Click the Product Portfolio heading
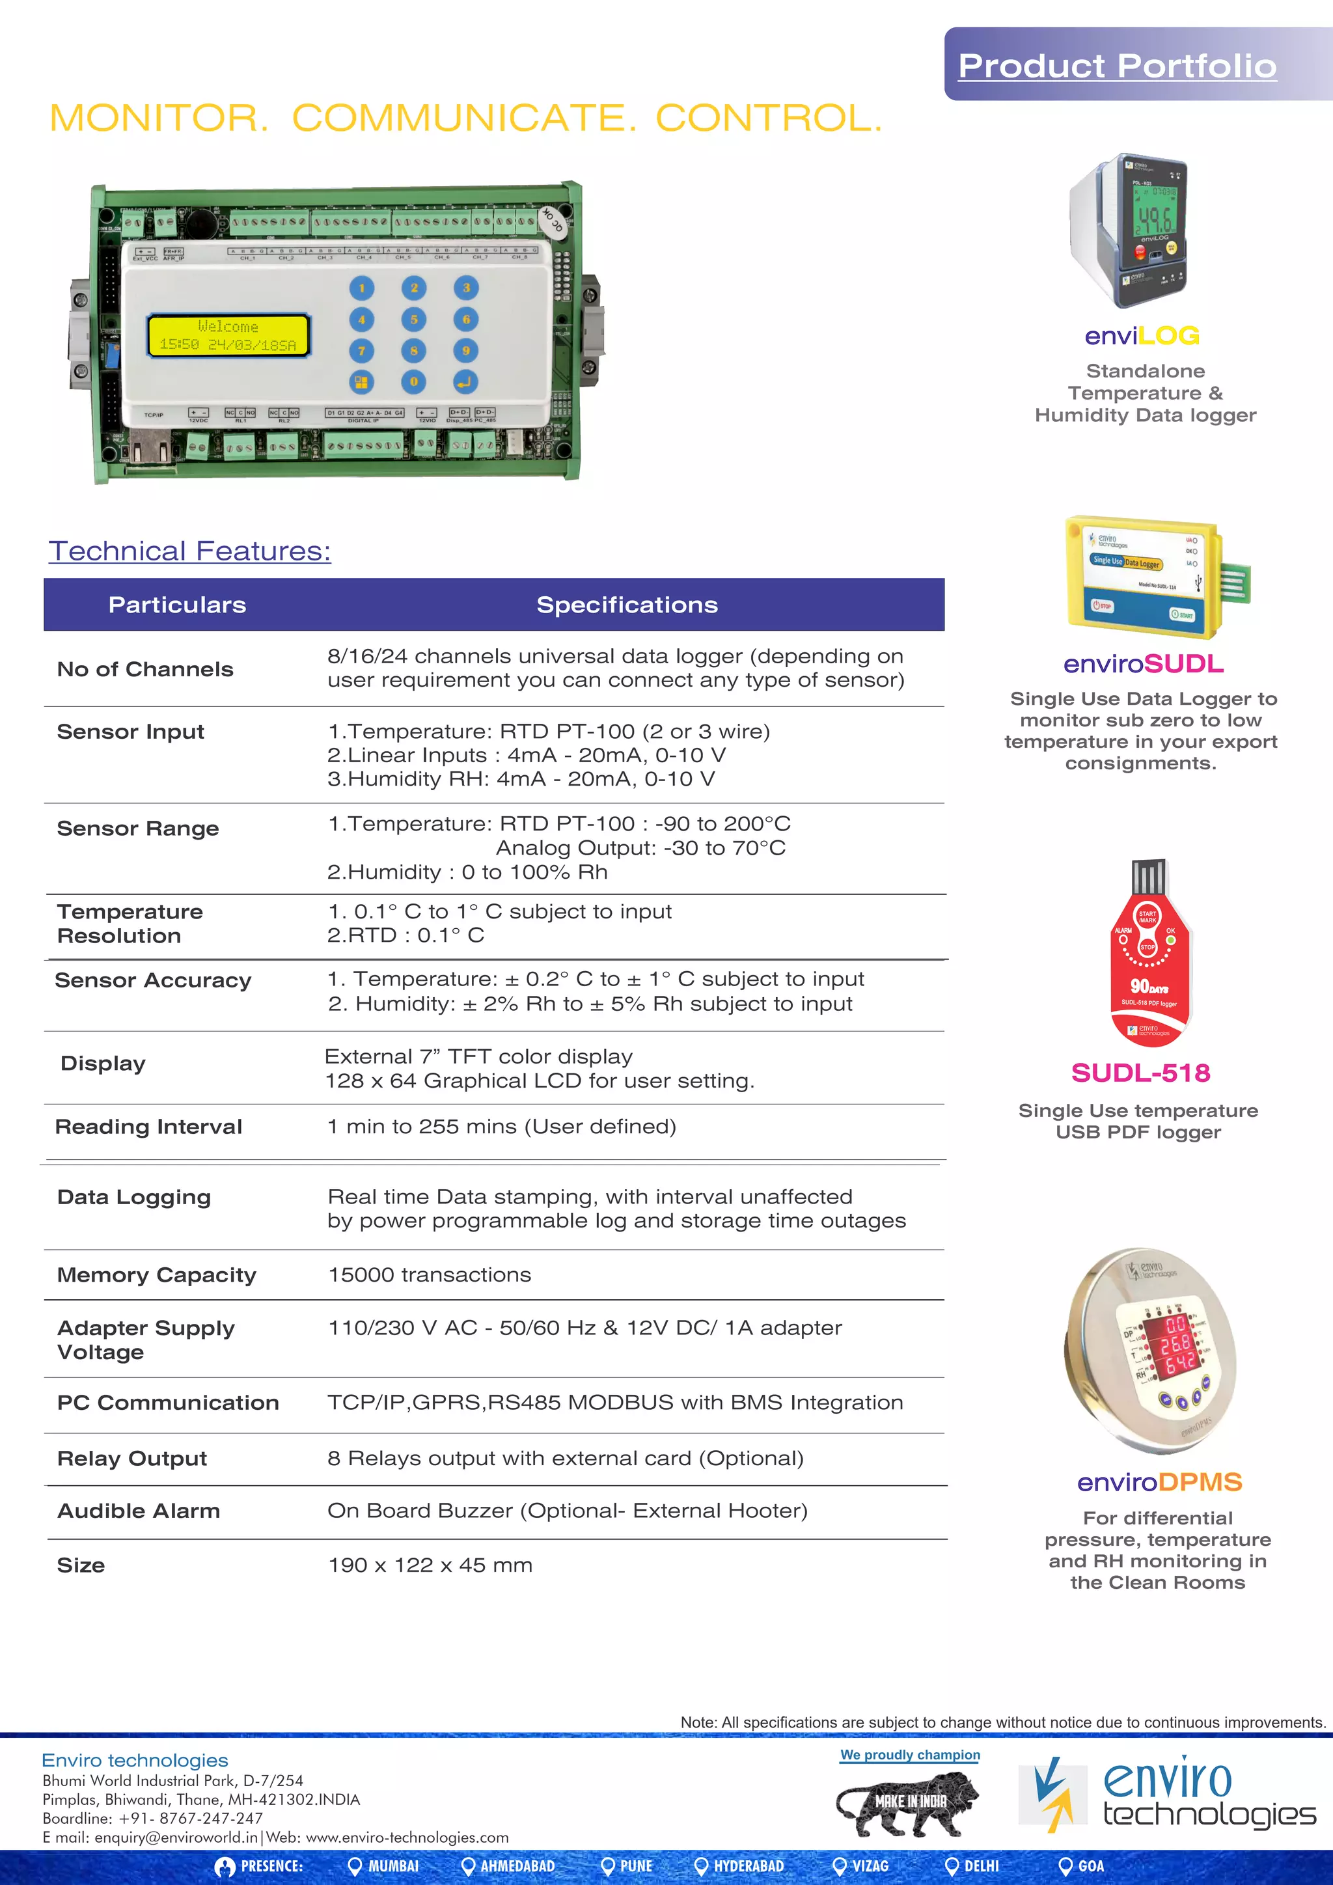(x=1117, y=66)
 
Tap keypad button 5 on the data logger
(x=414, y=320)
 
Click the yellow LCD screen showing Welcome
(x=228, y=336)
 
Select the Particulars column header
(x=177, y=605)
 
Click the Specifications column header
(x=627, y=605)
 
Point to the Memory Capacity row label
(x=157, y=1275)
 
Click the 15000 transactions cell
(x=430, y=1275)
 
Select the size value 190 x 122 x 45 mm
(x=430, y=1565)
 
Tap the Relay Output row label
(x=132, y=1458)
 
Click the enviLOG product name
(x=1142, y=336)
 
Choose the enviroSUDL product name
(x=1144, y=663)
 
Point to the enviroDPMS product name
(x=1159, y=1482)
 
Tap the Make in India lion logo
(x=909, y=1803)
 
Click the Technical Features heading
(x=189, y=551)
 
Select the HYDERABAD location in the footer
(x=748, y=1866)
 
